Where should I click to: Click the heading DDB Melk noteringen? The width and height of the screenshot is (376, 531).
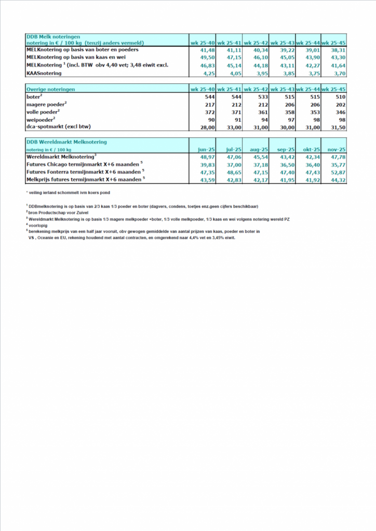click(52, 36)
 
